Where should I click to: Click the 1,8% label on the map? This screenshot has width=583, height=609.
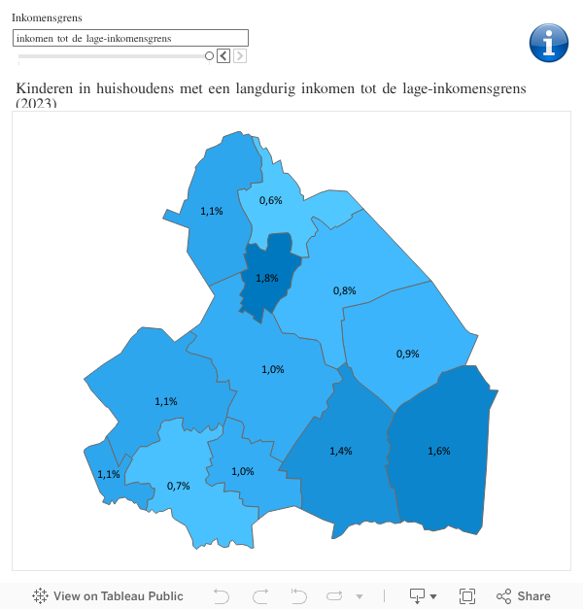(267, 278)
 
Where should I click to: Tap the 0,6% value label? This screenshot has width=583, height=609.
(270, 200)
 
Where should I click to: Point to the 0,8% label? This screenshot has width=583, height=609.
(344, 290)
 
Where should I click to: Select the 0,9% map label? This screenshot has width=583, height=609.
(407, 354)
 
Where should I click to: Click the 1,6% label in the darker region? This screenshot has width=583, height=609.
(438, 451)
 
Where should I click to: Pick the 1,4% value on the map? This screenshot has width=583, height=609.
(340, 451)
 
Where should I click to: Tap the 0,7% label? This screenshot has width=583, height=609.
(178, 486)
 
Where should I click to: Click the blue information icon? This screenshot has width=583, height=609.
(549, 44)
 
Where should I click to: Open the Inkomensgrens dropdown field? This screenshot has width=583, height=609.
(130, 38)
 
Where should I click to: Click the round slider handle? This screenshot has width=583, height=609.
(209, 56)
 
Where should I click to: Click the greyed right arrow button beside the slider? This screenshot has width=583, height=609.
(239, 56)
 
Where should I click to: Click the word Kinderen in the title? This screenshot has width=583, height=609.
(44, 89)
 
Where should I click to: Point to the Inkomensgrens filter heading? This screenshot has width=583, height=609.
(47, 17)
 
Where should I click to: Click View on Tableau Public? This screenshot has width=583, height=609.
(108, 596)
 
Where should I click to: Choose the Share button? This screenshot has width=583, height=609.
(524, 596)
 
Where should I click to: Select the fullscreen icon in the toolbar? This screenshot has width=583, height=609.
(467, 596)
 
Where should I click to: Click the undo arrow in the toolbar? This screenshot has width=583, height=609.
(221, 596)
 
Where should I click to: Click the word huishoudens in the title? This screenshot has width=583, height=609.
(135, 89)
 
